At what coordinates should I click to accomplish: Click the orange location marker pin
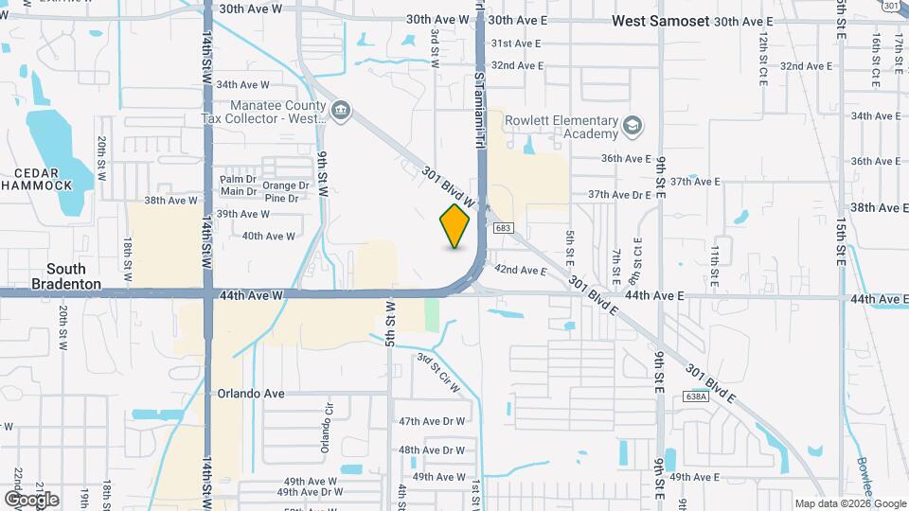click(455, 226)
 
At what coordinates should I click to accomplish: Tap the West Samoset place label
click(660, 20)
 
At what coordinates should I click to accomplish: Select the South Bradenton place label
click(65, 276)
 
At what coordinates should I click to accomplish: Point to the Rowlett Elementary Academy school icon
click(632, 126)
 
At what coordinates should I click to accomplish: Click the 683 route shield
click(505, 228)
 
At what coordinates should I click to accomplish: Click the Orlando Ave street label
click(251, 394)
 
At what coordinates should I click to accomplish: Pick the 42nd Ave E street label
click(521, 271)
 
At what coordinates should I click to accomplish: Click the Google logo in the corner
click(31, 499)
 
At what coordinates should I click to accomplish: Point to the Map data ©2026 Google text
click(850, 503)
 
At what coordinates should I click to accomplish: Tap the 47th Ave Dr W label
click(432, 421)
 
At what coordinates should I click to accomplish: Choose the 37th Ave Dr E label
click(620, 195)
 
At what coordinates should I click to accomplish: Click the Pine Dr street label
click(281, 198)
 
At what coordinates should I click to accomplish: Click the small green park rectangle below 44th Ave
click(433, 314)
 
